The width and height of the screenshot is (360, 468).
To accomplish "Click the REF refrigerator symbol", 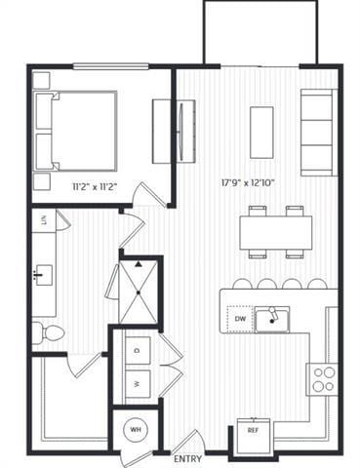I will pos(253,429).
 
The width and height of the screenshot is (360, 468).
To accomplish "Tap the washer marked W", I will pos(137,382).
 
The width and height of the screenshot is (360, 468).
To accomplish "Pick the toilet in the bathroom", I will pos(48,333).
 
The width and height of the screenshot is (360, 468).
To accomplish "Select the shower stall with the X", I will pos(137,283).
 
